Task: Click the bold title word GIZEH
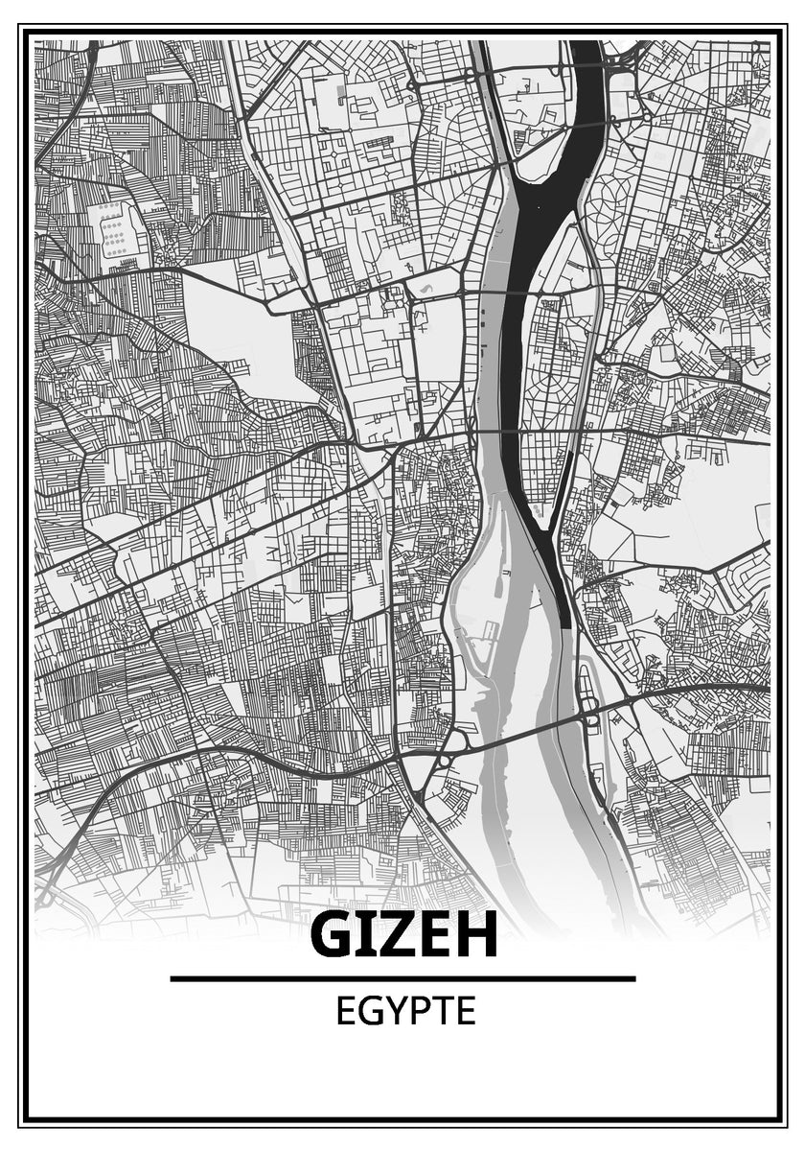click(403, 935)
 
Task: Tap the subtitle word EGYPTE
click(405, 1012)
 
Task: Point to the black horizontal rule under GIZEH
click(402, 978)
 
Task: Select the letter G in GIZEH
click(333, 935)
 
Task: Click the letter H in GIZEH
click(475, 935)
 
